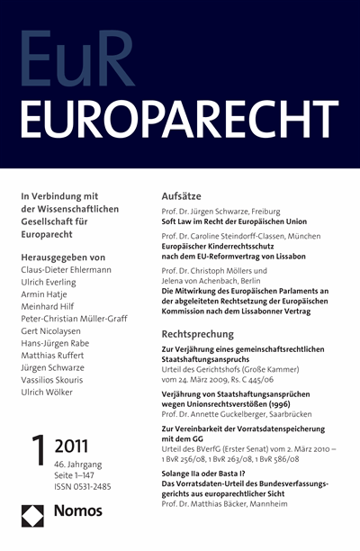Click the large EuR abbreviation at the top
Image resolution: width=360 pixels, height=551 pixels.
pos(90,59)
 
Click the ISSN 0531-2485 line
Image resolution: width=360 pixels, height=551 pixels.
pos(87,488)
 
